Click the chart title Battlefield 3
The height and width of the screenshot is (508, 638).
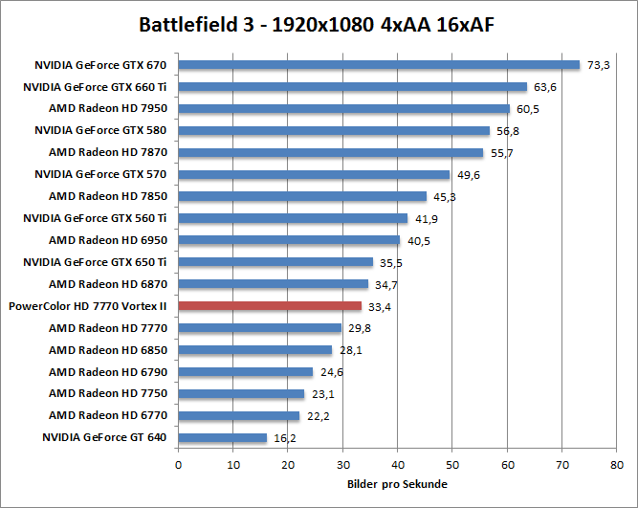[318, 23]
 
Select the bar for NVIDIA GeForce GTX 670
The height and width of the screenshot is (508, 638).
[379, 65]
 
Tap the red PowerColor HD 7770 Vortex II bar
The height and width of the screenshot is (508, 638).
[270, 306]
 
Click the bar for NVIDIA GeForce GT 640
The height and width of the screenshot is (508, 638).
[223, 437]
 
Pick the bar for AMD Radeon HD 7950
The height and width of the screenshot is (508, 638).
[344, 109]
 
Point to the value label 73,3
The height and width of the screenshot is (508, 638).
[598, 65]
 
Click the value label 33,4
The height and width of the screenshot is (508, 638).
[379, 306]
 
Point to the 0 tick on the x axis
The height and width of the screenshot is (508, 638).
[179, 465]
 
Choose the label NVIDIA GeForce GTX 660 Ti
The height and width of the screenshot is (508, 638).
[95, 87]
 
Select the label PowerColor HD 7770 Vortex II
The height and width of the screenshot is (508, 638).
[87, 306]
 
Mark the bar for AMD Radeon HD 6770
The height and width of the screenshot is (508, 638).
[239, 415]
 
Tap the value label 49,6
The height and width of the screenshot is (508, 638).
[468, 175]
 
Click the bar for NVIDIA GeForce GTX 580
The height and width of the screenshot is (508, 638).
[334, 131]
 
